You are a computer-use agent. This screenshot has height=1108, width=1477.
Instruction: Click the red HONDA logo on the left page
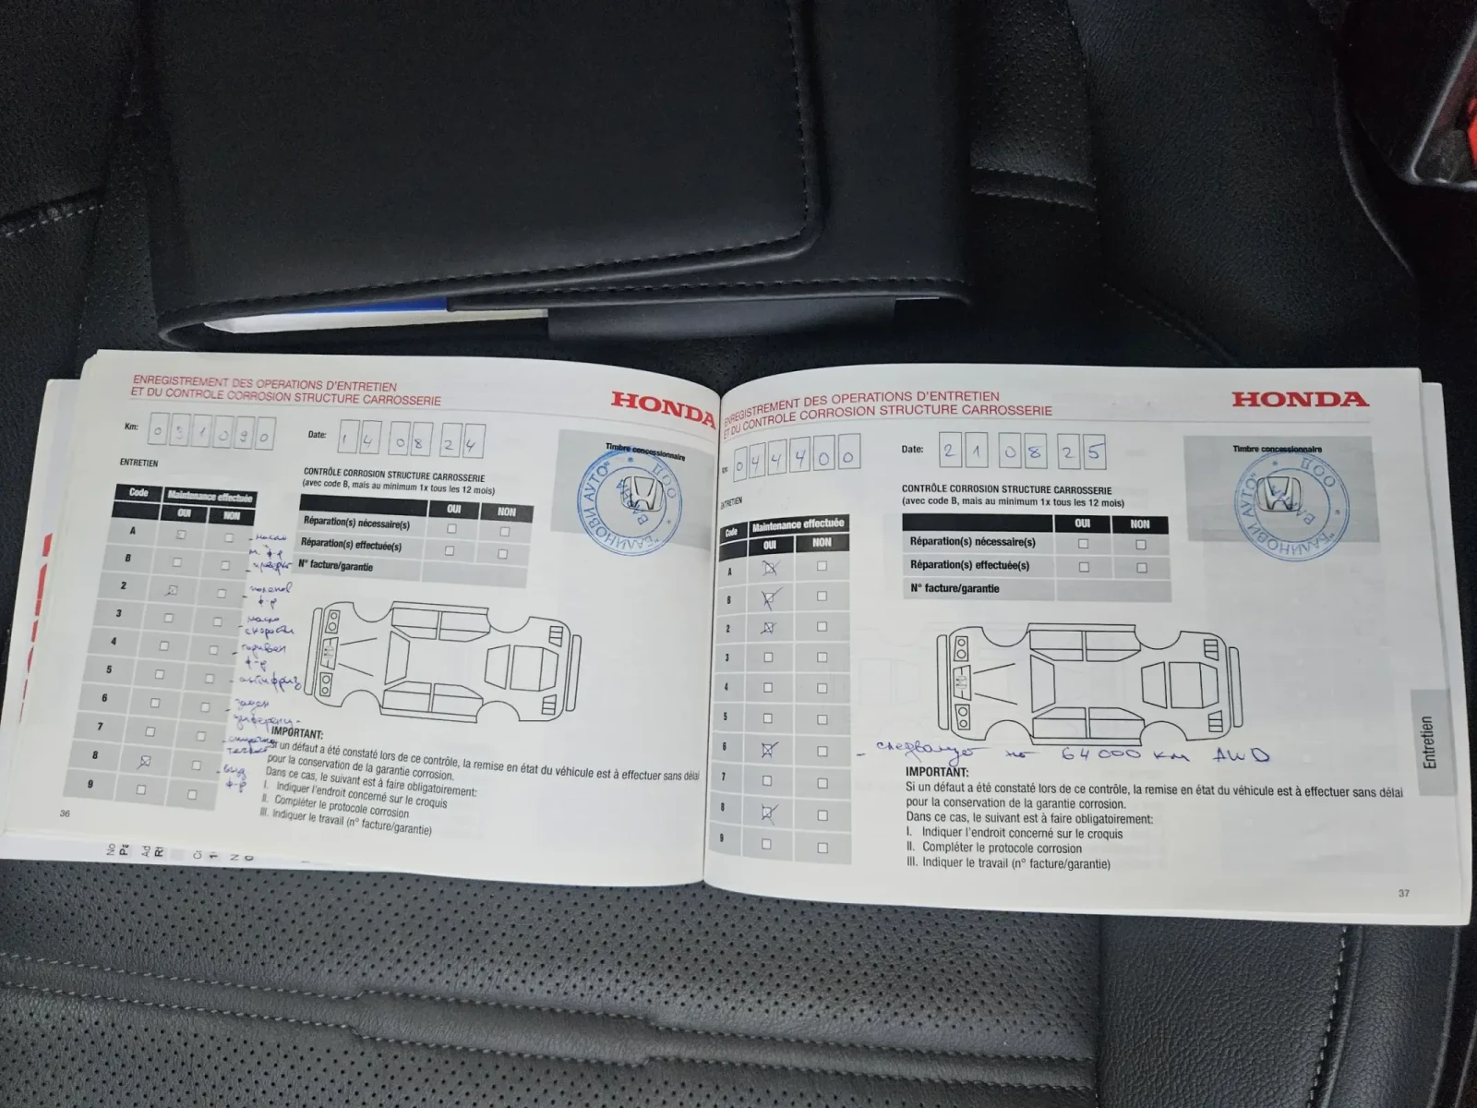coord(663,407)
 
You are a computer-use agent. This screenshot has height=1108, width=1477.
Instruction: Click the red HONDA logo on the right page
coord(1299,399)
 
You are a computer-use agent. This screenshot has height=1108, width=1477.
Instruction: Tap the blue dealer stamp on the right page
coord(1291,505)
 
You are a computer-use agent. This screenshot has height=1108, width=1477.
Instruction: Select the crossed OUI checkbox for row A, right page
coord(769,568)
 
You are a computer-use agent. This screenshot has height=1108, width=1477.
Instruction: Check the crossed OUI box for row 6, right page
coord(768,750)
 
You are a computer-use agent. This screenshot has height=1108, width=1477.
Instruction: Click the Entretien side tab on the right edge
coord(1428,742)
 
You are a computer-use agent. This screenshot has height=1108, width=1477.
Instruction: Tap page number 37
coord(1403,893)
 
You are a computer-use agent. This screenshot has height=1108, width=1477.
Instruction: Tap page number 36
coord(65,813)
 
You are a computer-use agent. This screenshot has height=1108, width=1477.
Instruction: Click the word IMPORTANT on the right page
coord(936,772)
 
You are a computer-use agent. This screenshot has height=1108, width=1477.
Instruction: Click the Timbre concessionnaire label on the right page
coord(1277,450)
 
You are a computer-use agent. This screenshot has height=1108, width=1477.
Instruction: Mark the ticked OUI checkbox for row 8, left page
coord(144,762)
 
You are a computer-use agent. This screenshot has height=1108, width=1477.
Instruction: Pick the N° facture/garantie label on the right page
coord(955,588)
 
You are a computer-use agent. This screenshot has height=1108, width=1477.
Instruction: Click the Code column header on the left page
coord(138,493)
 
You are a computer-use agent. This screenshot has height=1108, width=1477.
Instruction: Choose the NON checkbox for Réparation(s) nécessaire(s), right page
coord(1141,545)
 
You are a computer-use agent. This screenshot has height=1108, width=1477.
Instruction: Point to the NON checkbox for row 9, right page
coord(823,847)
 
